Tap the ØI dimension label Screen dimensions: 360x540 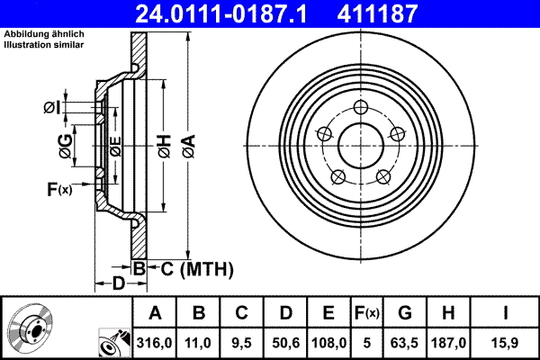tap(53, 108)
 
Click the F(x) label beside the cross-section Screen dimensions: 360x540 tap(58, 189)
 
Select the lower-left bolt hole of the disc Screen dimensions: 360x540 tap(338, 175)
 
